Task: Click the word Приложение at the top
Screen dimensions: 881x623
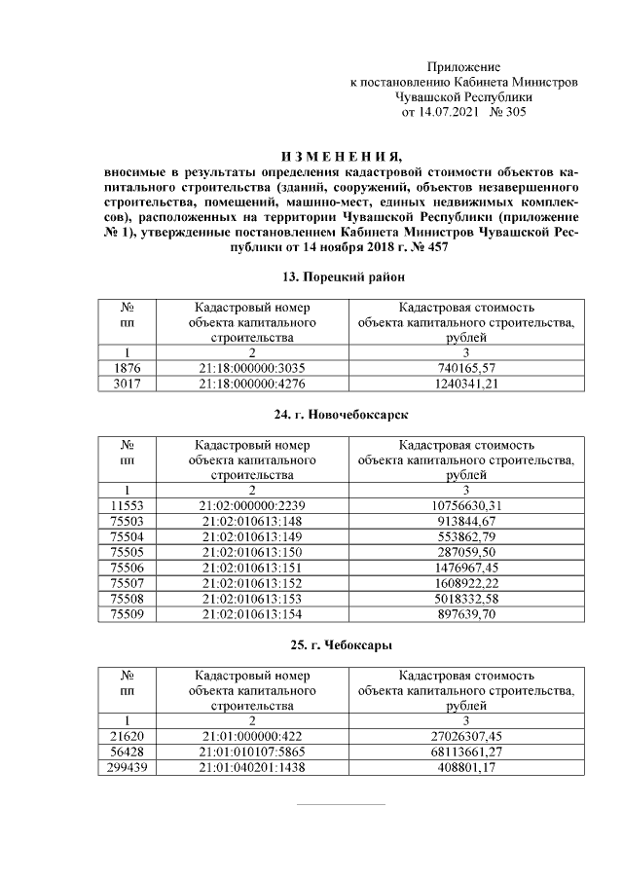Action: [463, 67]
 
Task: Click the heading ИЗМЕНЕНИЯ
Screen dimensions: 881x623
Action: [340, 157]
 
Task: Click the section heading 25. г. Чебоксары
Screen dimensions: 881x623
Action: [340, 645]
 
